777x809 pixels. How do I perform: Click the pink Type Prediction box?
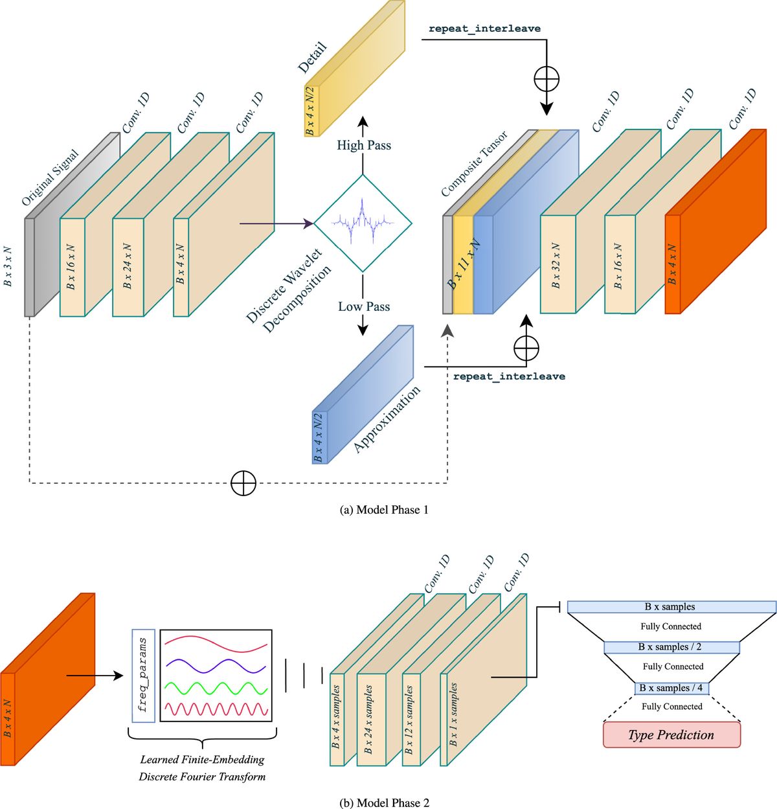coord(671,735)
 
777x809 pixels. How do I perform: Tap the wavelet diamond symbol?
coord(363,223)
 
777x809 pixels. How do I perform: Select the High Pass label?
coord(364,145)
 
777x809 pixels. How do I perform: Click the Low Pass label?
coord(364,306)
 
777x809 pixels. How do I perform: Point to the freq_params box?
coord(143,675)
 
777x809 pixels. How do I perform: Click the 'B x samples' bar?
coord(671,607)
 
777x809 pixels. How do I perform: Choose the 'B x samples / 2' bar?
coord(671,647)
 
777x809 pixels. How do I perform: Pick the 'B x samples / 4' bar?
coord(671,688)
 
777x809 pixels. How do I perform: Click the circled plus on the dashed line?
coord(243,483)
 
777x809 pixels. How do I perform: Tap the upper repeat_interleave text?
coord(484,28)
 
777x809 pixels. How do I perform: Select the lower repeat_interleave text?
coord(509,376)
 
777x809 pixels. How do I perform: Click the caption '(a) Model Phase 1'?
coord(384,510)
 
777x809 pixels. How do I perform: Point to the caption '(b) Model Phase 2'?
coord(384,803)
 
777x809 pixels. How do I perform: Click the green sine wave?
coord(216,687)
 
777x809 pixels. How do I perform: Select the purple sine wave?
coord(216,666)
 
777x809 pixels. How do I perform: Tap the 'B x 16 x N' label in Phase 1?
coord(71,267)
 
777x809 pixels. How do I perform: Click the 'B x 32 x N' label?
coord(556,266)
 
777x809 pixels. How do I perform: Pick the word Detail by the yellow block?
coord(312,58)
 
